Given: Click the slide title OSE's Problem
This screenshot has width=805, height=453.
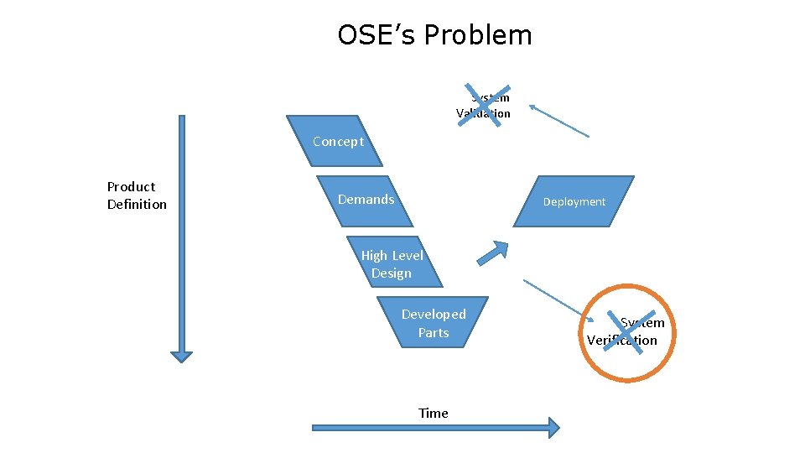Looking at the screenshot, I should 434,35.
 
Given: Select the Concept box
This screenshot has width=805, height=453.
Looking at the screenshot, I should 335,141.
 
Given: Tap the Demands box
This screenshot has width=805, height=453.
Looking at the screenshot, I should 366,200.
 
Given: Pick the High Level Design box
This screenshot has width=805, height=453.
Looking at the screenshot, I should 392,263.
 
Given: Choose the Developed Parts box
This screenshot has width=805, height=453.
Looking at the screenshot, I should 433,323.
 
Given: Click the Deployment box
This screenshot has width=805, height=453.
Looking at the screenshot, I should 574,201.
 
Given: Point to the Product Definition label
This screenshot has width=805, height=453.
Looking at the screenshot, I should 137,195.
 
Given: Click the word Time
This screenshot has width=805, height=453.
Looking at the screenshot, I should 434,413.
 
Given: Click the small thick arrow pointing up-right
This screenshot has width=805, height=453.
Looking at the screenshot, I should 494,252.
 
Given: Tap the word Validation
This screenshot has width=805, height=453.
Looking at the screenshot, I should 483,113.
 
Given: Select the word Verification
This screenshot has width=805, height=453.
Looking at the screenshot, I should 622,340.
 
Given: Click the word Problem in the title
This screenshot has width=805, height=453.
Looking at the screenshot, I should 478,35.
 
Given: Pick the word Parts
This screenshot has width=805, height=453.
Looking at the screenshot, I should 434,332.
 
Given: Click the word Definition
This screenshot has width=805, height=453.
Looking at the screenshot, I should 137,205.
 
